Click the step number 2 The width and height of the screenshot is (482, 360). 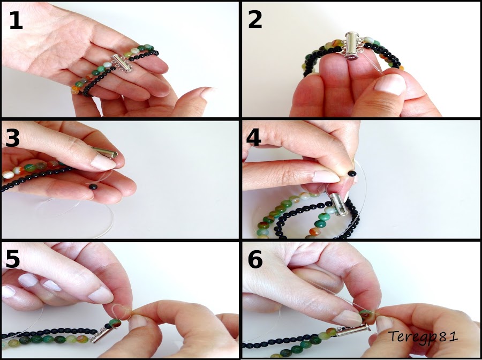pyautogui.click(x=255, y=20)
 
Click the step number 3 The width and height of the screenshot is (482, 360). pyautogui.click(x=13, y=138)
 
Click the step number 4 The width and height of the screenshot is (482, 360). pyautogui.click(x=254, y=138)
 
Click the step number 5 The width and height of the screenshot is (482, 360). pyautogui.click(x=13, y=259)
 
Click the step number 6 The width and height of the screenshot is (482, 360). pyautogui.click(x=255, y=259)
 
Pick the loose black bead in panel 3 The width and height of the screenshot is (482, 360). pyautogui.click(x=93, y=187)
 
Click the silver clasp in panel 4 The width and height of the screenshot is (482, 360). pyautogui.click(x=338, y=206)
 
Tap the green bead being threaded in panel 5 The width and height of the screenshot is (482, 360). pyautogui.click(x=115, y=324)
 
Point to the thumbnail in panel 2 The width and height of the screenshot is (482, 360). pyautogui.click(x=389, y=85)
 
